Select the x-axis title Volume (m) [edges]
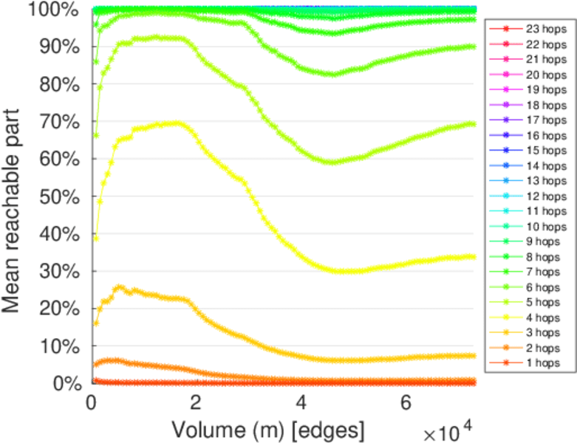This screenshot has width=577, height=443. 267,428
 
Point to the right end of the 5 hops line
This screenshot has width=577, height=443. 473,123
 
